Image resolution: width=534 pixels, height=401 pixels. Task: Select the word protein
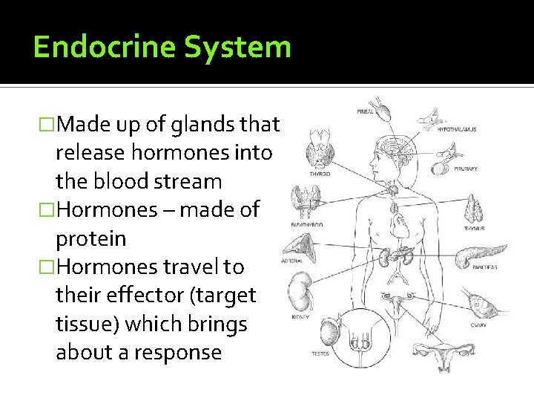[x=90, y=239]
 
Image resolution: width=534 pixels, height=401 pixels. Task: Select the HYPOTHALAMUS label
[x=457, y=129]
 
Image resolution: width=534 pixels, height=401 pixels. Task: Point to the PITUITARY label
[x=465, y=169]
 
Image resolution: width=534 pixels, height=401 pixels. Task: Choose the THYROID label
[x=320, y=174]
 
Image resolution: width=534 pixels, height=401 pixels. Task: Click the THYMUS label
[x=474, y=229]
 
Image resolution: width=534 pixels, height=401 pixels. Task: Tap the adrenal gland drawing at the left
[x=301, y=245]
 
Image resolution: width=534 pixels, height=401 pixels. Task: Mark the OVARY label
[x=478, y=325]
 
